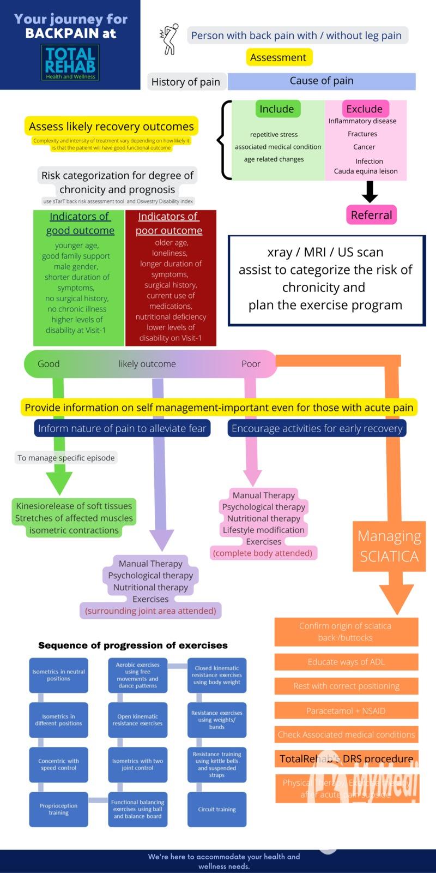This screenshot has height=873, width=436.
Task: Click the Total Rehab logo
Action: [x=70, y=63]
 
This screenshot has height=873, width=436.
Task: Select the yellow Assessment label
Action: [x=278, y=57]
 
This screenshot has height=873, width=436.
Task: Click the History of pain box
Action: [x=186, y=82]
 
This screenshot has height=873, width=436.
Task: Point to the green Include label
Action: [x=277, y=109]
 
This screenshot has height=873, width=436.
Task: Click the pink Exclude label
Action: [x=365, y=109]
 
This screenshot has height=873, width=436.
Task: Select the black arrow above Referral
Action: [x=370, y=192]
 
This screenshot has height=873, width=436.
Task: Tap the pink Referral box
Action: [x=371, y=215]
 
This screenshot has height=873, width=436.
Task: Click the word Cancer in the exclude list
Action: [x=364, y=147]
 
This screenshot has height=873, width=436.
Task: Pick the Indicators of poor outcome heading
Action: [x=169, y=224]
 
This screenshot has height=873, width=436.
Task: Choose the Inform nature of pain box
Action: [x=122, y=428]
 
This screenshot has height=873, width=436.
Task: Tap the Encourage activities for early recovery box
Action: [x=317, y=428]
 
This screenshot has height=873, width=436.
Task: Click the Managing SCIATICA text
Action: [x=389, y=546]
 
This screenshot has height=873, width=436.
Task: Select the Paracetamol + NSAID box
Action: [x=346, y=710]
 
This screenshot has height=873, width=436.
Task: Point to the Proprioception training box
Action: [x=59, y=809]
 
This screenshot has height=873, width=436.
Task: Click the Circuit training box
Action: [x=217, y=809]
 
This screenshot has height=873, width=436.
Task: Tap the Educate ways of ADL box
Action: [x=346, y=662]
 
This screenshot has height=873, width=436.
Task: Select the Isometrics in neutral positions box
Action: [x=59, y=675]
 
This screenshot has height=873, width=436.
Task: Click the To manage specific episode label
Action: [x=66, y=458]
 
